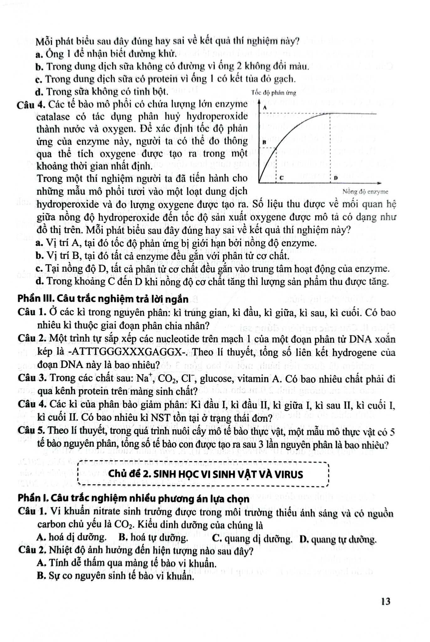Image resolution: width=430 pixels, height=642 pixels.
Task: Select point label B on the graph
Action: tap(264, 142)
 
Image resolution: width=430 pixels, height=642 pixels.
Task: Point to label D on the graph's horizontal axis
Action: tap(336, 178)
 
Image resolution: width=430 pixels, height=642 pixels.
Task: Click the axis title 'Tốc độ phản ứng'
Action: tap(274, 93)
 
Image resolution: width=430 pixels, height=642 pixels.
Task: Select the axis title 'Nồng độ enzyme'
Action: tap(365, 192)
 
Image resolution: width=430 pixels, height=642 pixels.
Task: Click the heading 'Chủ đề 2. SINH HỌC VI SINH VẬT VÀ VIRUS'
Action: tap(206, 474)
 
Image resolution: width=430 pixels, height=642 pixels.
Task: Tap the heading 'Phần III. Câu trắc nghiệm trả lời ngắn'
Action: tap(103, 299)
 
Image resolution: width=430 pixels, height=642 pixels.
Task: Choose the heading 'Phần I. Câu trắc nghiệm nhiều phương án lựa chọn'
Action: tap(134, 498)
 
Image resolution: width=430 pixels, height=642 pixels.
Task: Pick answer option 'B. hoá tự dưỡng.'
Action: tap(154, 537)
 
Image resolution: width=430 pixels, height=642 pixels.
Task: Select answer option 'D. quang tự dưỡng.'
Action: tap(338, 539)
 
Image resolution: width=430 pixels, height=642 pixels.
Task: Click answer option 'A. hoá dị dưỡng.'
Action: tap(71, 537)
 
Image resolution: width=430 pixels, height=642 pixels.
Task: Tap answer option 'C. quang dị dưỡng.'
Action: tap(252, 539)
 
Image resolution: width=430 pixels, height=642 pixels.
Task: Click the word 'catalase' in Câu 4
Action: tap(53, 117)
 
